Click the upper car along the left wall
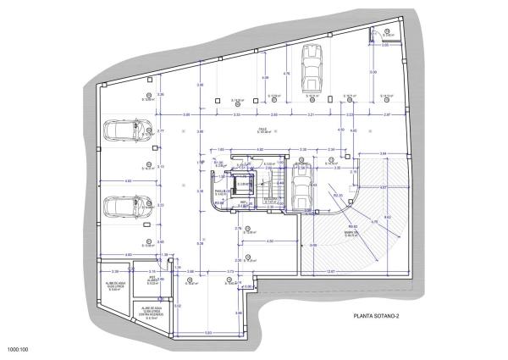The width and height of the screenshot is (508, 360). pyautogui.click(x=124, y=130)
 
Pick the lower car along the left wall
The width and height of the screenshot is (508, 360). pyautogui.click(x=124, y=208)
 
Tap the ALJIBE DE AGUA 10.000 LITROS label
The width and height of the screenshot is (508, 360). pyautogui.click(x=115, y=286)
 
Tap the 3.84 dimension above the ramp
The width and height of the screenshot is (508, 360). pyautogui.click(x=382, y=153)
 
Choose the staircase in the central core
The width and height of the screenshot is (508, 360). pyautogui.click(x=268, y=188)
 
